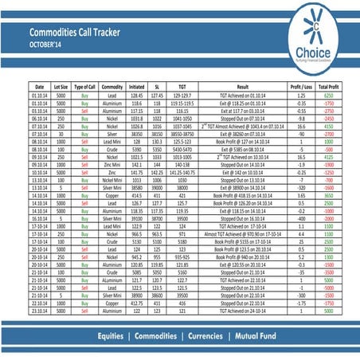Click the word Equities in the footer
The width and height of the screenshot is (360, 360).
113,337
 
